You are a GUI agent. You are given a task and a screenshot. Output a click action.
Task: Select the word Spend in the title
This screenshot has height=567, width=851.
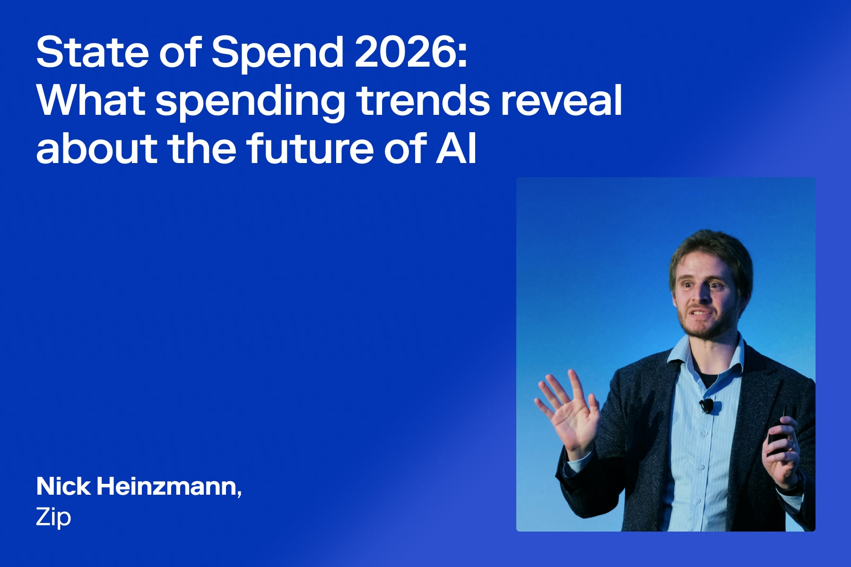tap(277, 53)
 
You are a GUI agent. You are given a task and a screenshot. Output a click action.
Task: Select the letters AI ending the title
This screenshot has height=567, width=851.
tap(456, 148)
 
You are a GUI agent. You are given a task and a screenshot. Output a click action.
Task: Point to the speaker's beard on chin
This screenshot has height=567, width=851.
tap(704, 331)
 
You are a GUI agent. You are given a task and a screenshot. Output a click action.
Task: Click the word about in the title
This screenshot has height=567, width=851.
tap(96, 148)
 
